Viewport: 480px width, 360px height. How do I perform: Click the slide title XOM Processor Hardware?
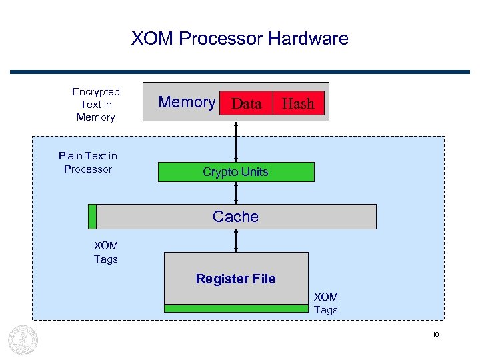pyautogui.click(x=239, y=39)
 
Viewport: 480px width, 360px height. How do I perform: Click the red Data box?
pyautogui.click(x=246, y=103)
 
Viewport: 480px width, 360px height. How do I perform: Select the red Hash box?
pyautogui.click(x=298, y=103)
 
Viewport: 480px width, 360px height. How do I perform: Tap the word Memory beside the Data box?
pyautogui.click(x=187, y=103)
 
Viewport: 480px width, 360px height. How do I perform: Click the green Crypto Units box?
pyautogui.click(x=235, y=172)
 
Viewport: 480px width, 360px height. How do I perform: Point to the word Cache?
pyautogui.click(x=235, y=217)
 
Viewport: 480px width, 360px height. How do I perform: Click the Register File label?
pyautogui.click(x=235, y=279)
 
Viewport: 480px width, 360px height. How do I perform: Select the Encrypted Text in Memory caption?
pyautogui.click(x=96, y=105)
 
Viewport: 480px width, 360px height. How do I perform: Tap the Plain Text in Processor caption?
pyautogui.click(x=88, y=163)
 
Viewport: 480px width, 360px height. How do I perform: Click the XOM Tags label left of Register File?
pyautogui.click(x=106, y=253)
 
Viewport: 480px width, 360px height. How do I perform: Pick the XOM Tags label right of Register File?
pyautogui.click(x=326, y=303)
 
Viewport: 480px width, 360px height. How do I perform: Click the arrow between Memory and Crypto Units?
pyautogui.click(x=236, y=141)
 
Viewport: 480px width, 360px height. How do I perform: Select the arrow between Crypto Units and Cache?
pyautogui.click(x=236, y=193)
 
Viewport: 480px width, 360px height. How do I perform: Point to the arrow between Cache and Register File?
pyautogui.click(x=236, y=241)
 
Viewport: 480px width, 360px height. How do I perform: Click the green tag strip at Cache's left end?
pyautogui.click(x=93, y=217)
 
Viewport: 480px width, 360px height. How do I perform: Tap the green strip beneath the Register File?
pyautogui.click(x=236, y=309)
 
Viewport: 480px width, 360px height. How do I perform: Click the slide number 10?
pyautogui.click(x=435, y=335)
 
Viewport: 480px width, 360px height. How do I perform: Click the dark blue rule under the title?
pyautogui.click(x=239, y=71)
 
